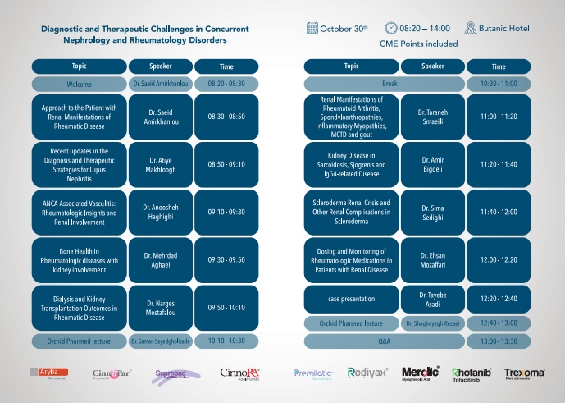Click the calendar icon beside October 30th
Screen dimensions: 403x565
tap(312, 29)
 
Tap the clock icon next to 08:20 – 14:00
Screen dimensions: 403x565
tap(392, 29)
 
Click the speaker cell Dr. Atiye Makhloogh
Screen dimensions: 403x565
tap(161, 164)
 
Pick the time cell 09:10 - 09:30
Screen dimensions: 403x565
tap(226, 211)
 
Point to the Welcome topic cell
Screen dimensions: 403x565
tap(80, 84)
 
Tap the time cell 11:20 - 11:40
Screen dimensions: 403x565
tap(499, 164)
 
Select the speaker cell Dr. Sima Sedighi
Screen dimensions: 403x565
tap(432, 211)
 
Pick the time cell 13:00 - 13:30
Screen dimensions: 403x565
tap(499, 340)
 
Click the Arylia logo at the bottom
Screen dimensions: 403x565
tap(48, 374)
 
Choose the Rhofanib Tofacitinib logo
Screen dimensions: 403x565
tap(472, 375)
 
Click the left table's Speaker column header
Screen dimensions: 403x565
tap(161, 66)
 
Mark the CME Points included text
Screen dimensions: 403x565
tap(419, 44)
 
